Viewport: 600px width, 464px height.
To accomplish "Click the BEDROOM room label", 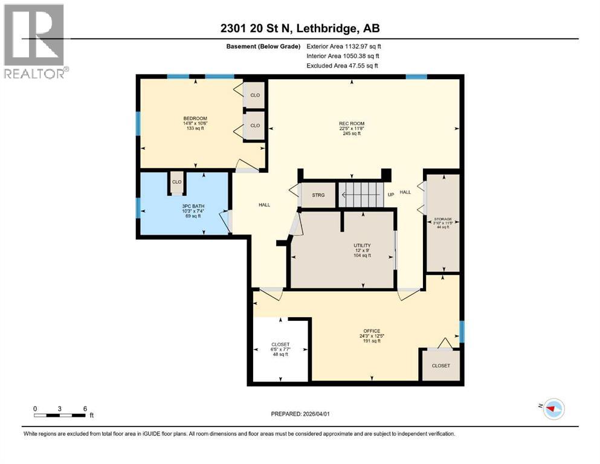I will [195, 118].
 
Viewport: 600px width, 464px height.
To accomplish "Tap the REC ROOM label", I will [351, 124].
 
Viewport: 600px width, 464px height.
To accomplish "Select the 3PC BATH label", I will [194, 206].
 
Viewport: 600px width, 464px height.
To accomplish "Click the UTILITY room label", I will [362, 245].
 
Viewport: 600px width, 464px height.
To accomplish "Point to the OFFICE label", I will [371, 331].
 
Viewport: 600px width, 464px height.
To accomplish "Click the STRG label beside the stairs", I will [318, 195].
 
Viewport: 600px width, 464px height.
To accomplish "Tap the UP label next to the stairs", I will [390, 195].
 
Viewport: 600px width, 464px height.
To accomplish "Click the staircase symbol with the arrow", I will [360, 195].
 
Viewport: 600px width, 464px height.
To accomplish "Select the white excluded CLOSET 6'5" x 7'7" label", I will [280, 344].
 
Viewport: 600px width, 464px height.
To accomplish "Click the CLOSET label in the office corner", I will [440, 366].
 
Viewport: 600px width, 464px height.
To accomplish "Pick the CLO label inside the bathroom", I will [176, 182].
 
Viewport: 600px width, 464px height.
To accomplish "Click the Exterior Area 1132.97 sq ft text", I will [344, 45].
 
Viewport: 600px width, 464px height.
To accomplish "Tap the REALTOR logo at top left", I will [34, 41].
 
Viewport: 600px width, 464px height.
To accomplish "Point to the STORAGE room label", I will [442, 219].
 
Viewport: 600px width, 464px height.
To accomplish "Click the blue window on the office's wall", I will [462, 331].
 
